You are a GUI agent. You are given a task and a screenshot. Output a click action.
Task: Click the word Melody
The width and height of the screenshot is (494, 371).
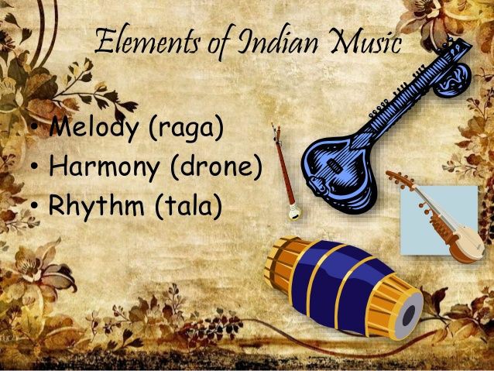click(92, 128)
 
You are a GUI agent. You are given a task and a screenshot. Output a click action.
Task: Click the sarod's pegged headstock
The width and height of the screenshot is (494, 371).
click(400, 181)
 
